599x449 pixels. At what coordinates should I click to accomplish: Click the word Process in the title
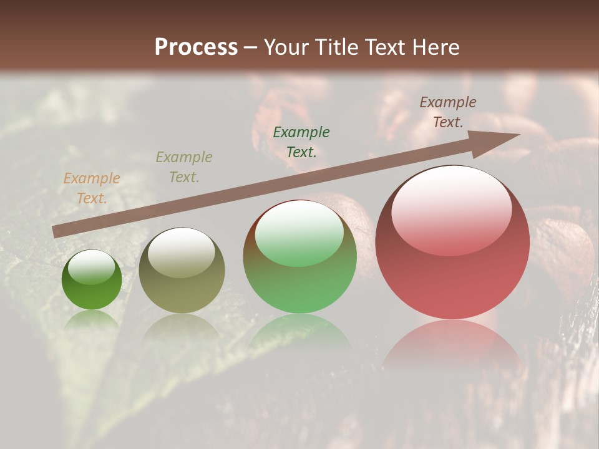coord(196,47)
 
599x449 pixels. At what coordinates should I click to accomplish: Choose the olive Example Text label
coord(184,167)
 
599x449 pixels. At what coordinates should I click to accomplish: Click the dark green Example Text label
coord(301,142)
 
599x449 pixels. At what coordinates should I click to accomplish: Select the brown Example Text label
coord(448,112)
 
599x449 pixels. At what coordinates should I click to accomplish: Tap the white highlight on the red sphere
coord(451,209)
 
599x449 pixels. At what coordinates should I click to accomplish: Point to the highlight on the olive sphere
coord(181,253)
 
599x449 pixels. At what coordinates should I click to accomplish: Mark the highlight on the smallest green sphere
coord(92,267)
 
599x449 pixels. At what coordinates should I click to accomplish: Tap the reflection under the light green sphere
coord(299,331)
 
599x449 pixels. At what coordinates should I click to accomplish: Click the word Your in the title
coord(284,47)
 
